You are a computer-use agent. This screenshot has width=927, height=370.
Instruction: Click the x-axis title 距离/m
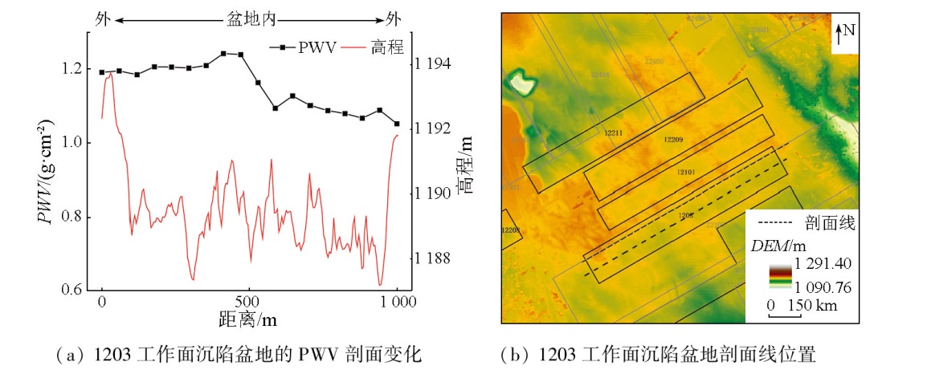point(248,319)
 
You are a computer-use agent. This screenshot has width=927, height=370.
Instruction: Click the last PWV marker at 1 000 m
point(397,124)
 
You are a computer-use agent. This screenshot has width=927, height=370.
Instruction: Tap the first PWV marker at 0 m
point(102,72)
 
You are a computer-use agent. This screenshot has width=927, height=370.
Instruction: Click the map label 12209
point(673,140)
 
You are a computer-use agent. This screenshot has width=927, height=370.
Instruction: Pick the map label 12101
point(684,172)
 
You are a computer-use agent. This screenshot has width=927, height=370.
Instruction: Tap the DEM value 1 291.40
point(823,263)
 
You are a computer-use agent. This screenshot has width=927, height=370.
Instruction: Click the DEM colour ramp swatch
point(779,273)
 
